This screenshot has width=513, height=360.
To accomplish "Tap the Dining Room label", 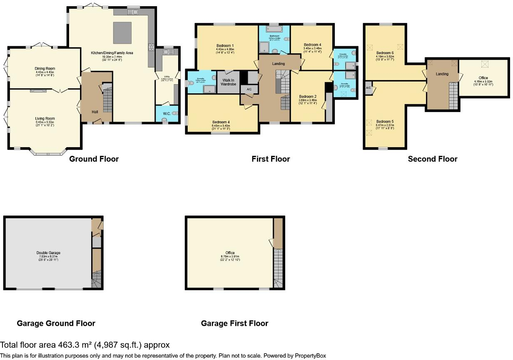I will (x=45, y=69).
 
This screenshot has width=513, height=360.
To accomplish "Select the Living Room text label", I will (x=45, y=119).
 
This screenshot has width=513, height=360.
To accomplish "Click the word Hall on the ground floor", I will (x=96, y=112).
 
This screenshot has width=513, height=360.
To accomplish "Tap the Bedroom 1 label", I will (x=225, y=46).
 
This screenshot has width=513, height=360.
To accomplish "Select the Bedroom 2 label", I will (x=308, y=96).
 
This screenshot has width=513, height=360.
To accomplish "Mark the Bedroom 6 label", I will (x=385, y=53).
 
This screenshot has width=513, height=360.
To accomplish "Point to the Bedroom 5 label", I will (x=385, y=122).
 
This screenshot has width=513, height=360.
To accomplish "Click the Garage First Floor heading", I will (x=234, y=323).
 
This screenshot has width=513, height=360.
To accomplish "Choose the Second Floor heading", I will (x=433, y=159).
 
